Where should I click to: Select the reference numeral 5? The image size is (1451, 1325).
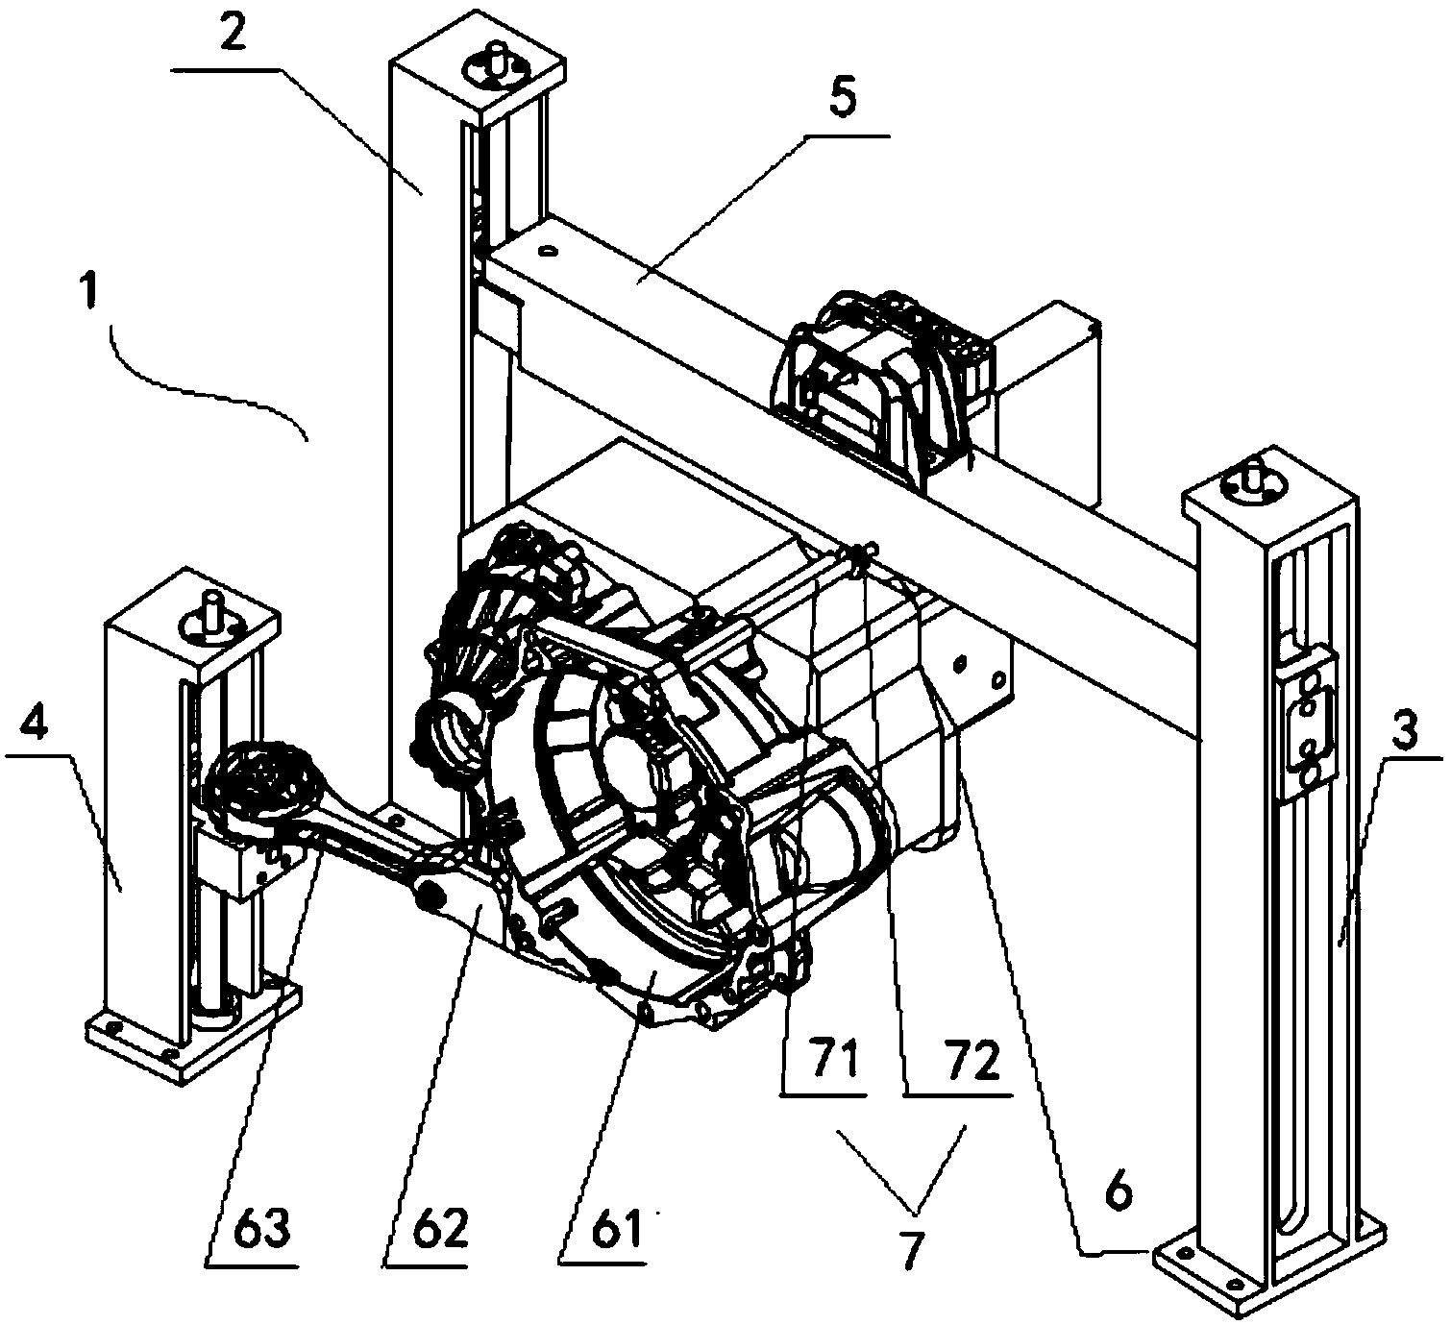pos(844,101)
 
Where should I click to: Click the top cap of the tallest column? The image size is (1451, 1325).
pos(478,69)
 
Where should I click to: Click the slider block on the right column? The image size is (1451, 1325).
pos(1307,724)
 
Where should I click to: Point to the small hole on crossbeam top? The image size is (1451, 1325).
pos(549,251)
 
